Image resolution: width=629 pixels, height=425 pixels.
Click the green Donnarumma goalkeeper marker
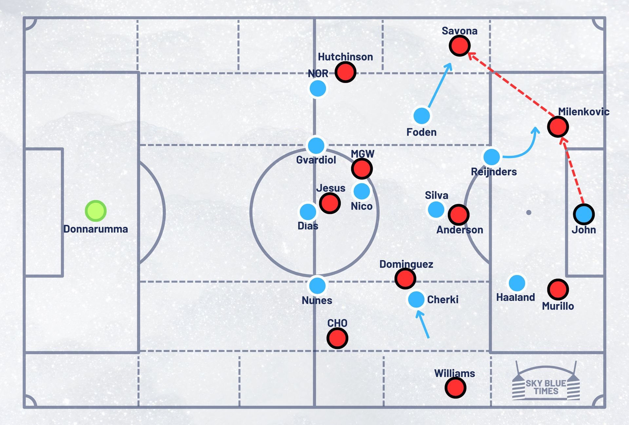[x=96, y=211]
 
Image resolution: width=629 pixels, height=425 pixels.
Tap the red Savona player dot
[x=460, y=46]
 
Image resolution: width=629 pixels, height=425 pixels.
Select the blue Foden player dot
[x=422, y=115]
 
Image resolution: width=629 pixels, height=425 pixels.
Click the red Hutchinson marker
[x=345, y=72]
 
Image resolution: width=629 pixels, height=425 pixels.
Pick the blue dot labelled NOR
[x=318, y=89]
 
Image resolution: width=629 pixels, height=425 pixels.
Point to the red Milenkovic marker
[x=558, y=127]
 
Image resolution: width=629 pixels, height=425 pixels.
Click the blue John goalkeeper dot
[x=584, y=214]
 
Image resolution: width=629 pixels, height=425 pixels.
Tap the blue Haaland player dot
[x=517, y=283]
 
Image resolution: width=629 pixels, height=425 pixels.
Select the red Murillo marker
[x=558, y=289]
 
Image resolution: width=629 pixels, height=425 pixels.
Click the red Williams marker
[x=455, y=388]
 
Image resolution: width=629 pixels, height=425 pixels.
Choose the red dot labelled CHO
[x=337, y=338]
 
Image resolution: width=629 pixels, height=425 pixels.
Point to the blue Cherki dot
[x=416, y=299]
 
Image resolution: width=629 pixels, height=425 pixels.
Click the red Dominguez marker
[x=405, y=278]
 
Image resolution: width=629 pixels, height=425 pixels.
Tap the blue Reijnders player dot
[x=492, y=157]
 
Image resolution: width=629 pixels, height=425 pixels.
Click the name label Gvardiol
[x=316, y=160]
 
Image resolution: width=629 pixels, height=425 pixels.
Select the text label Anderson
[x=460, y=230]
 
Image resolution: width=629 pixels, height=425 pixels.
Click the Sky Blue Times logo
[x=546, y=384]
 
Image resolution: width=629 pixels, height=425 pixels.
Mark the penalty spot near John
[x=529, y=212]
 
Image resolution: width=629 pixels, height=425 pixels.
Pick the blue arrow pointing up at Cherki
[x=423, y=325]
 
